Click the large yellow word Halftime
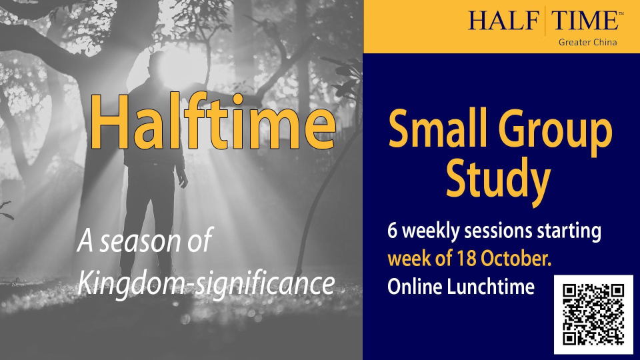point(212,121)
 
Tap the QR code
point(593,314)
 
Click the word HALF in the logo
point(503,20)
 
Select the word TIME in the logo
point(585,20)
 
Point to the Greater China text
point(588,42)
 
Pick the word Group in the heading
point(555,131)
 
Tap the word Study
point(498,179)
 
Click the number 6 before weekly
point(392,231)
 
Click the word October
point(516,259)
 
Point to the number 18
point(467,259)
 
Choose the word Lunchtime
point(491,287)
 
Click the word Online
point(415,287)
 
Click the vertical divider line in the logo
point(545,21)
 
